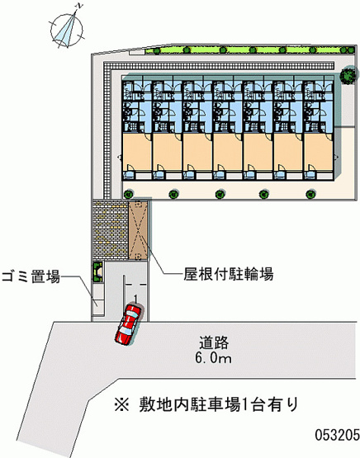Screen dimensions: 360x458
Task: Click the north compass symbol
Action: pyautogui.click(x=67, y=29)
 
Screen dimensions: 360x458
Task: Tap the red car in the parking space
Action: pyautogui.click(x=129, y=324)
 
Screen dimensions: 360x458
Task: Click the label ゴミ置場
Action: pyautogui.click(x=31, y=276)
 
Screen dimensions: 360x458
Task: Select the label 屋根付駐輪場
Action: pyautogui.click(x=228, y=274)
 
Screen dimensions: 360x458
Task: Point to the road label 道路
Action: pyautogui.click(x=214, y=343)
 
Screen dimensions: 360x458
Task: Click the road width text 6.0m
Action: pyautogui.click(x=213, y=358)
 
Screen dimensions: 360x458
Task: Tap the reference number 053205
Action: pyautogui.click(x=337, y=435)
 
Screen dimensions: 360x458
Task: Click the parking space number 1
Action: pyautogui.click(x=135, y=299)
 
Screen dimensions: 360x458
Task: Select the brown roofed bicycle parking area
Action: pyautogui.click(x=138, y=230)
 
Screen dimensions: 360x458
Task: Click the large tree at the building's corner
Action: pyautogui.click(x=348, y=76)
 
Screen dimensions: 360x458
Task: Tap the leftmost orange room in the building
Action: pyautogui.click(x=137, y=152)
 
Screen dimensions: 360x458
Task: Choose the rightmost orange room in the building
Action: pyautogui.click(x=318, y=152)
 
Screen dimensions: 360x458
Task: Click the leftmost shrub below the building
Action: pyautogui.click(x=127, y=194)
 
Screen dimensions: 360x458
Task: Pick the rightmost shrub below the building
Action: pyautogui.click(x=310, y=194)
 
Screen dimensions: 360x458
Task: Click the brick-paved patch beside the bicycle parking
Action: pyautogui.click(x=111, y=230)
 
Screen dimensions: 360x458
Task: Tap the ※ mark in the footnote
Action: pyautogui.click(x=121, y=405)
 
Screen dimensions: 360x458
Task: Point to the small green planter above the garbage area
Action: pyautogui.click(x=97, y=271)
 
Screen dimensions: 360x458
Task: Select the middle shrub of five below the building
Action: pyautogui.click(x=220, y=194)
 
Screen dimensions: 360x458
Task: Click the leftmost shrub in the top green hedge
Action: pyautogui.click(x=157, y=51)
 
